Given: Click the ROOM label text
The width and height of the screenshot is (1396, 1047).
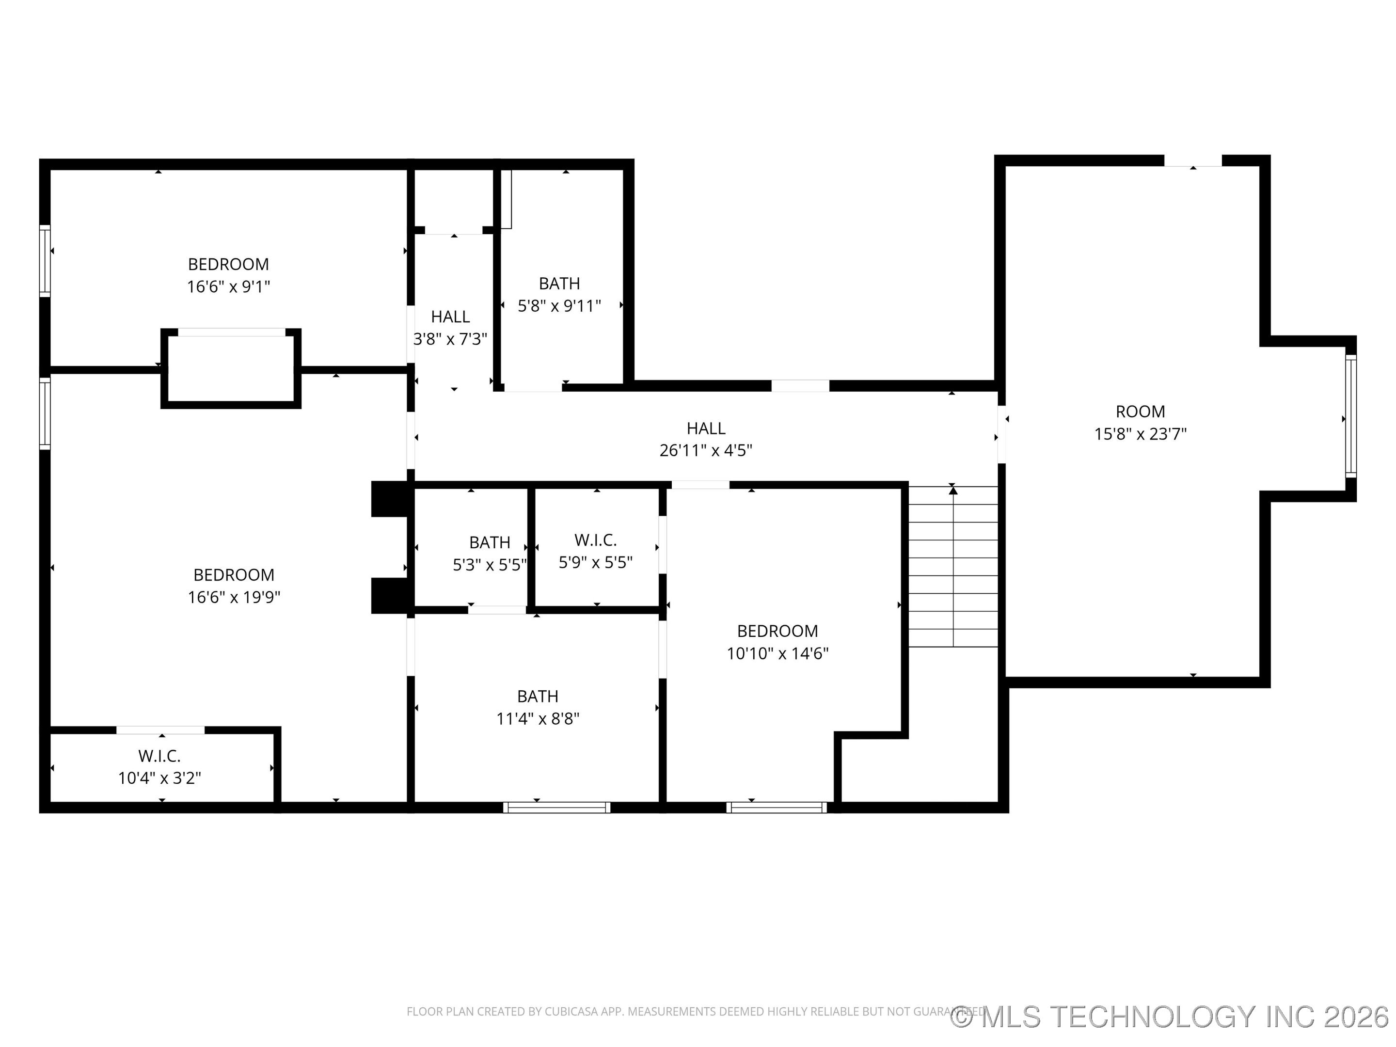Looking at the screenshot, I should coord(1140,412).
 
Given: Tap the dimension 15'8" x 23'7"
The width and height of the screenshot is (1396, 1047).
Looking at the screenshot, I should coord(1140,434).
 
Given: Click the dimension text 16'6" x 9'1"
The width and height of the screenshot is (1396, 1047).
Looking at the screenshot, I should coord(228,287).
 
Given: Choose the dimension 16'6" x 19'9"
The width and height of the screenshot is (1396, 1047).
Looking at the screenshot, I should coord(234,597).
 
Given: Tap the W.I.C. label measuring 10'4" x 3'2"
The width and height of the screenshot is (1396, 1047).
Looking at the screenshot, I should coord(159,755).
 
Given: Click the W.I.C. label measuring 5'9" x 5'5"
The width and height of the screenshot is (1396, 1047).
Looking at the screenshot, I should coord(595,540).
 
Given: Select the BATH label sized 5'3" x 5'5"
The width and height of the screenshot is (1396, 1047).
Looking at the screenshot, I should coord(489,543).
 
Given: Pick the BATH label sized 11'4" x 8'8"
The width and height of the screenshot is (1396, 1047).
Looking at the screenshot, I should coord(537,696).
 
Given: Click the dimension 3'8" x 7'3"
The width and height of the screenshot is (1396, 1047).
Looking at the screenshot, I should coord(450,339).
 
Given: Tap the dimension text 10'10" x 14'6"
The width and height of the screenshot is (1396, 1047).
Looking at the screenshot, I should coord(777,653).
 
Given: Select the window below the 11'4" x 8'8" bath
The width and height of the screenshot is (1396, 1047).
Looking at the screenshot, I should coord(556,807).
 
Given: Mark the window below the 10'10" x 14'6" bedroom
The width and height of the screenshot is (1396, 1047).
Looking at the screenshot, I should coord(776,807).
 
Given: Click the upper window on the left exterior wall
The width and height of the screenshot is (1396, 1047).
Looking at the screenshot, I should coord(45,261).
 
